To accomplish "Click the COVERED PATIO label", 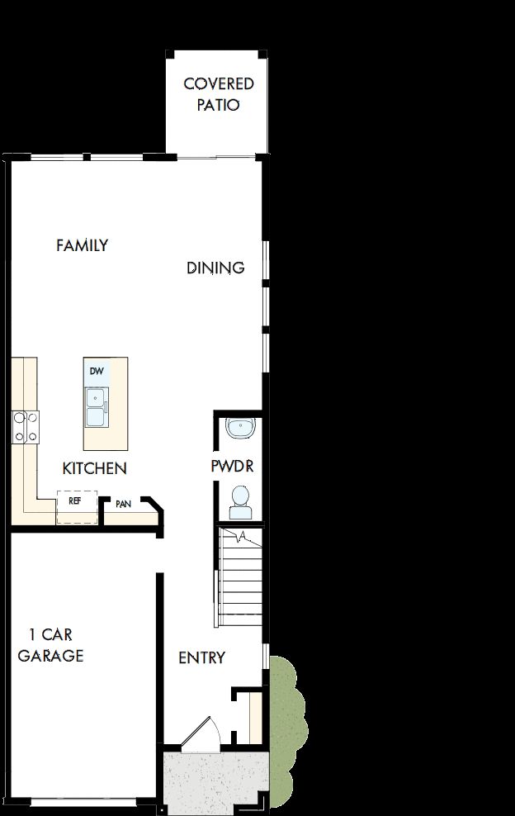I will (x=218, y=94).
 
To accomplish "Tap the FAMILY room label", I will (x=82, y=245).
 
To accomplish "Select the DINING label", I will (x=215, y=268).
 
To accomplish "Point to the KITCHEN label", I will (x=94, y=468).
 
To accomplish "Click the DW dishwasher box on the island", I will (x=97, y=372).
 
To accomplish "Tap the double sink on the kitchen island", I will (x=97, y=407).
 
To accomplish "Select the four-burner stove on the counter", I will (x=25, y=427).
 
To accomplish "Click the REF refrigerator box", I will (x=76, y=505).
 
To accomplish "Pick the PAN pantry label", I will (x=124, y=504).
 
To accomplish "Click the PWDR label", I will (x=231, y=466).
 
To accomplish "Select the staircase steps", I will (x=239, y=578).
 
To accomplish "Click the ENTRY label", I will (x=201, y=657).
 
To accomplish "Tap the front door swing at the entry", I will (x=199, y=735).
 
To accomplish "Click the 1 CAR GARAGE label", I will (x=51, y=645).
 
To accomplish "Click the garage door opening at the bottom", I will (x=83, y=802).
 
